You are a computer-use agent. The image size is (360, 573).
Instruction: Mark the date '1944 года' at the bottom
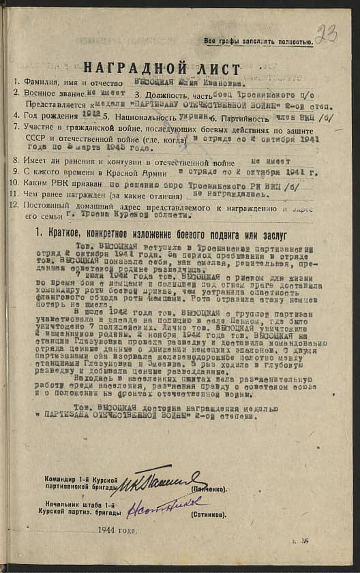[117, 529]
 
